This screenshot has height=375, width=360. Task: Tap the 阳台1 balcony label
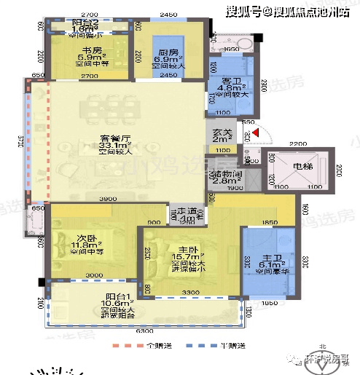(x=117, y=297)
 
